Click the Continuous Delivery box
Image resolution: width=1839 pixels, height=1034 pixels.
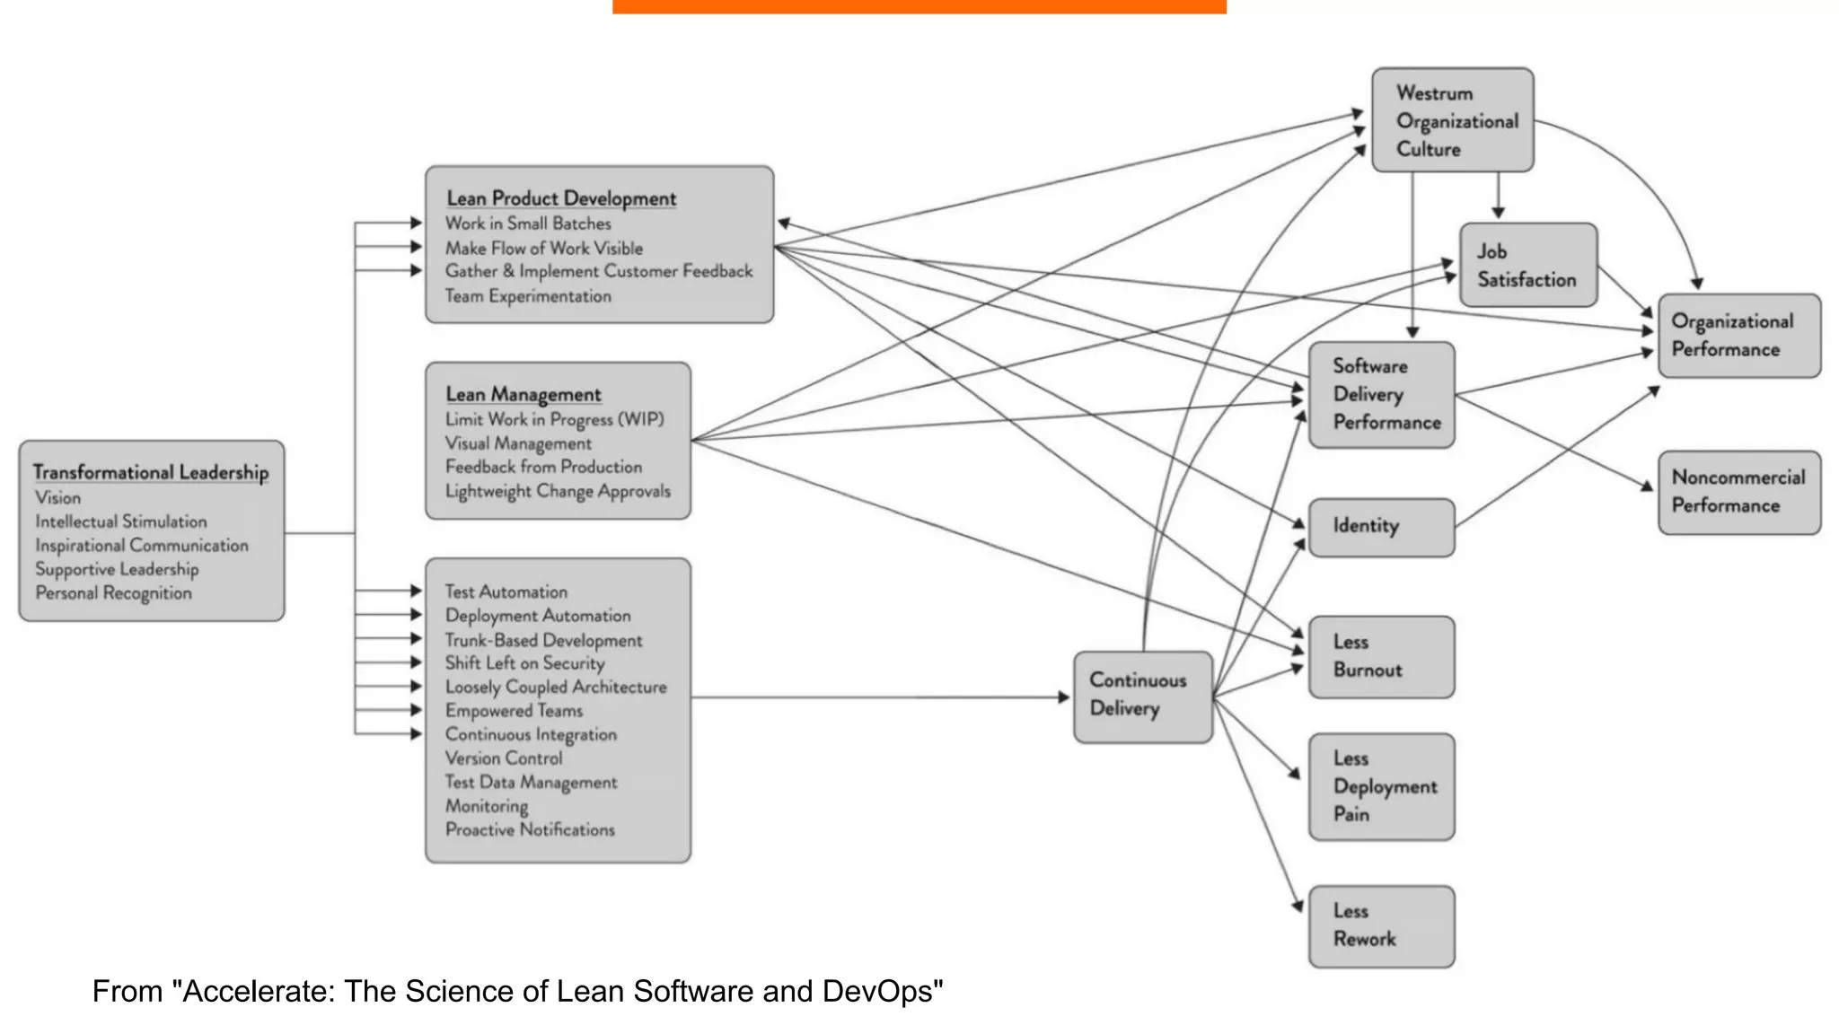click(1142, 697)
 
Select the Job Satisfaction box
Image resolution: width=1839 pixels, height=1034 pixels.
click(1527, 266)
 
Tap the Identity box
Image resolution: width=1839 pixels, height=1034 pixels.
click(1380, 527)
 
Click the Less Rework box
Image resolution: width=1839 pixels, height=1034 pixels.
click(1380, 925)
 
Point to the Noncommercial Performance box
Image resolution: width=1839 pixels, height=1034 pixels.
click(1738, 492)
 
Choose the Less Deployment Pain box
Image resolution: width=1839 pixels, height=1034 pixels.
click(1380, 786)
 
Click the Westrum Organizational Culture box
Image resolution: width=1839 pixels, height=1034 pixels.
click(1452, 120)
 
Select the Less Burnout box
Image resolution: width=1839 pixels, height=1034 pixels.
click(1380, 656)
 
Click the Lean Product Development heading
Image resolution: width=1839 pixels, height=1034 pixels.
click(561, 198)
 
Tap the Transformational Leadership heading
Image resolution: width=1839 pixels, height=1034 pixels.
click(151, 472)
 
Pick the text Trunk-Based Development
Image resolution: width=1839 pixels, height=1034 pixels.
click(543, 640)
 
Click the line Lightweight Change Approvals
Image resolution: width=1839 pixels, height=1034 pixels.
click(558, 491)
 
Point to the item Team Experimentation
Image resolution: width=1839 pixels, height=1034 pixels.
click(528, 296)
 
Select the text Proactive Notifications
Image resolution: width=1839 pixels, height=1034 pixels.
click(530, 829)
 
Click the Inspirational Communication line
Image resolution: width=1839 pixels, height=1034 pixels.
click(142, 545)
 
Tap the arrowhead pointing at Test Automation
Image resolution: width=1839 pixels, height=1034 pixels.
click(416, 591)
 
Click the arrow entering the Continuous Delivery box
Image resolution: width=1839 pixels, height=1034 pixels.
click(1063, 697)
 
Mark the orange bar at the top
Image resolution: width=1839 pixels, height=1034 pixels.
click(919, 6)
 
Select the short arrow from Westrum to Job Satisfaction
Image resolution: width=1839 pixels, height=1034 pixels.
click(1498, 196)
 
